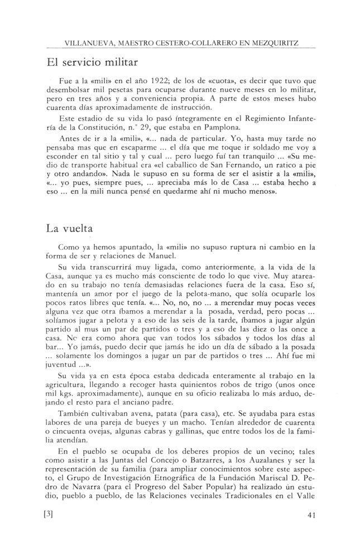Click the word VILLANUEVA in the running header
88,42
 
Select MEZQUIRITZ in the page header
277,42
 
